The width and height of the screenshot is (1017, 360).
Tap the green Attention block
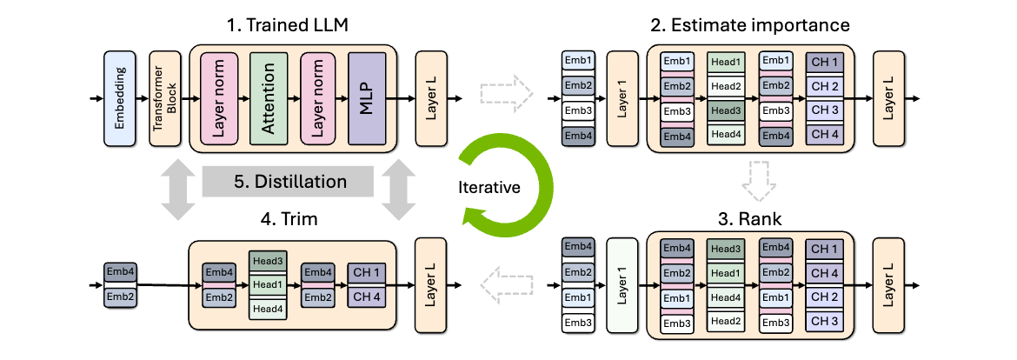point(269,98)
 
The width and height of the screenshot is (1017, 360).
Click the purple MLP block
point(367,98)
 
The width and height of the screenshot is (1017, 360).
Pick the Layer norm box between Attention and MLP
point(318,98)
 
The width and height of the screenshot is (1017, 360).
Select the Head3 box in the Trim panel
point(269,260)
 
